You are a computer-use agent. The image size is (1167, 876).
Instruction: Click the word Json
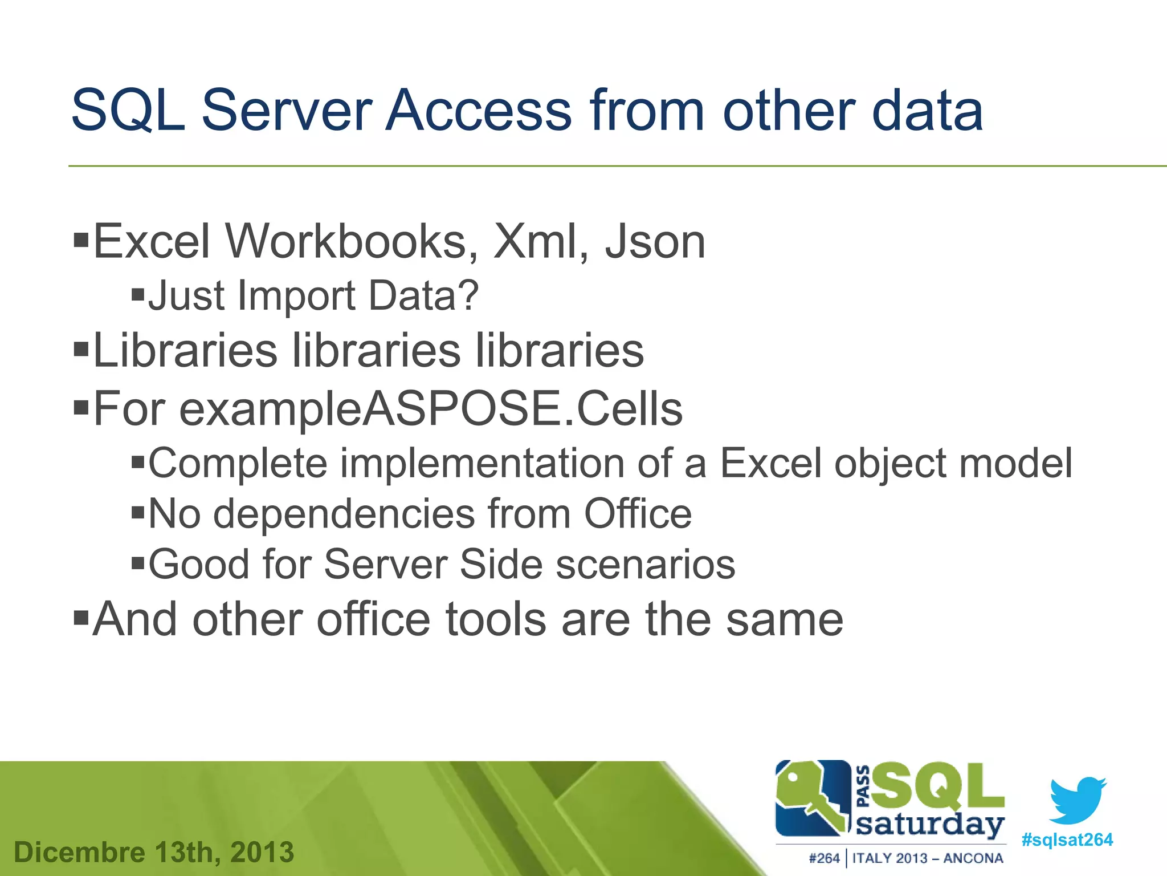point(655,242)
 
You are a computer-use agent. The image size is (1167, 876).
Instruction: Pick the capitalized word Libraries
point(185,350)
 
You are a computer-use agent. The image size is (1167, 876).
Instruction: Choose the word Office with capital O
point(638,514)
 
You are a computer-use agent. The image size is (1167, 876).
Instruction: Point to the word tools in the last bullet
point(495,619)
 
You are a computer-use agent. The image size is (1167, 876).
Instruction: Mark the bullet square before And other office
point(81,617)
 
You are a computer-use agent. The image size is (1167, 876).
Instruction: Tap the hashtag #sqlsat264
point(1067,839)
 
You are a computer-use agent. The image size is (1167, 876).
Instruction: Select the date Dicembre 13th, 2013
point(154,852)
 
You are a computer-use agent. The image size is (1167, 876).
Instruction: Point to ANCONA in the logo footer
point(973,858)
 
